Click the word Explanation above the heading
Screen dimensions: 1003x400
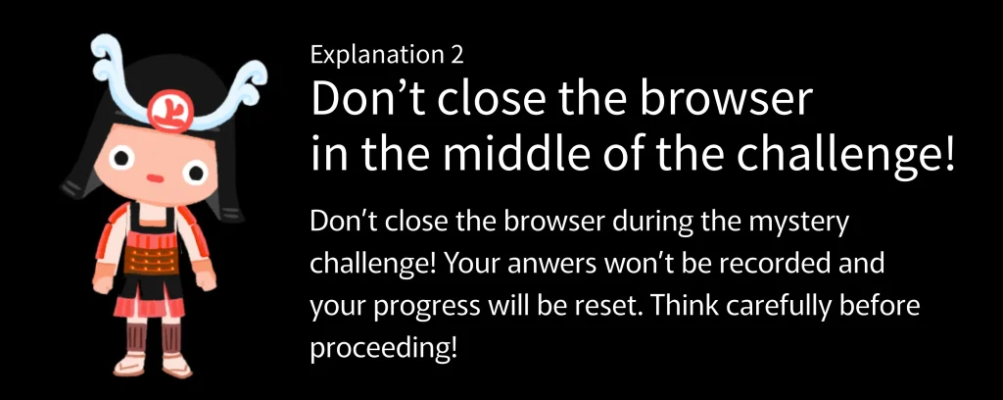[x=374, y=55]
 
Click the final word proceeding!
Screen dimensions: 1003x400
[x=384, y=348]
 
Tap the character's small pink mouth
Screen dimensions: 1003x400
[x=154, y=177]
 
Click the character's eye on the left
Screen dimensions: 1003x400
[x=120, y=158]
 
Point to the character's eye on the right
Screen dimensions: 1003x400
[x=195, y=171]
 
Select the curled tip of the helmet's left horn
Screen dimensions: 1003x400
[x=106, y=54]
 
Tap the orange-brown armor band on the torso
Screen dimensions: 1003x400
[x=152, y=259]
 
